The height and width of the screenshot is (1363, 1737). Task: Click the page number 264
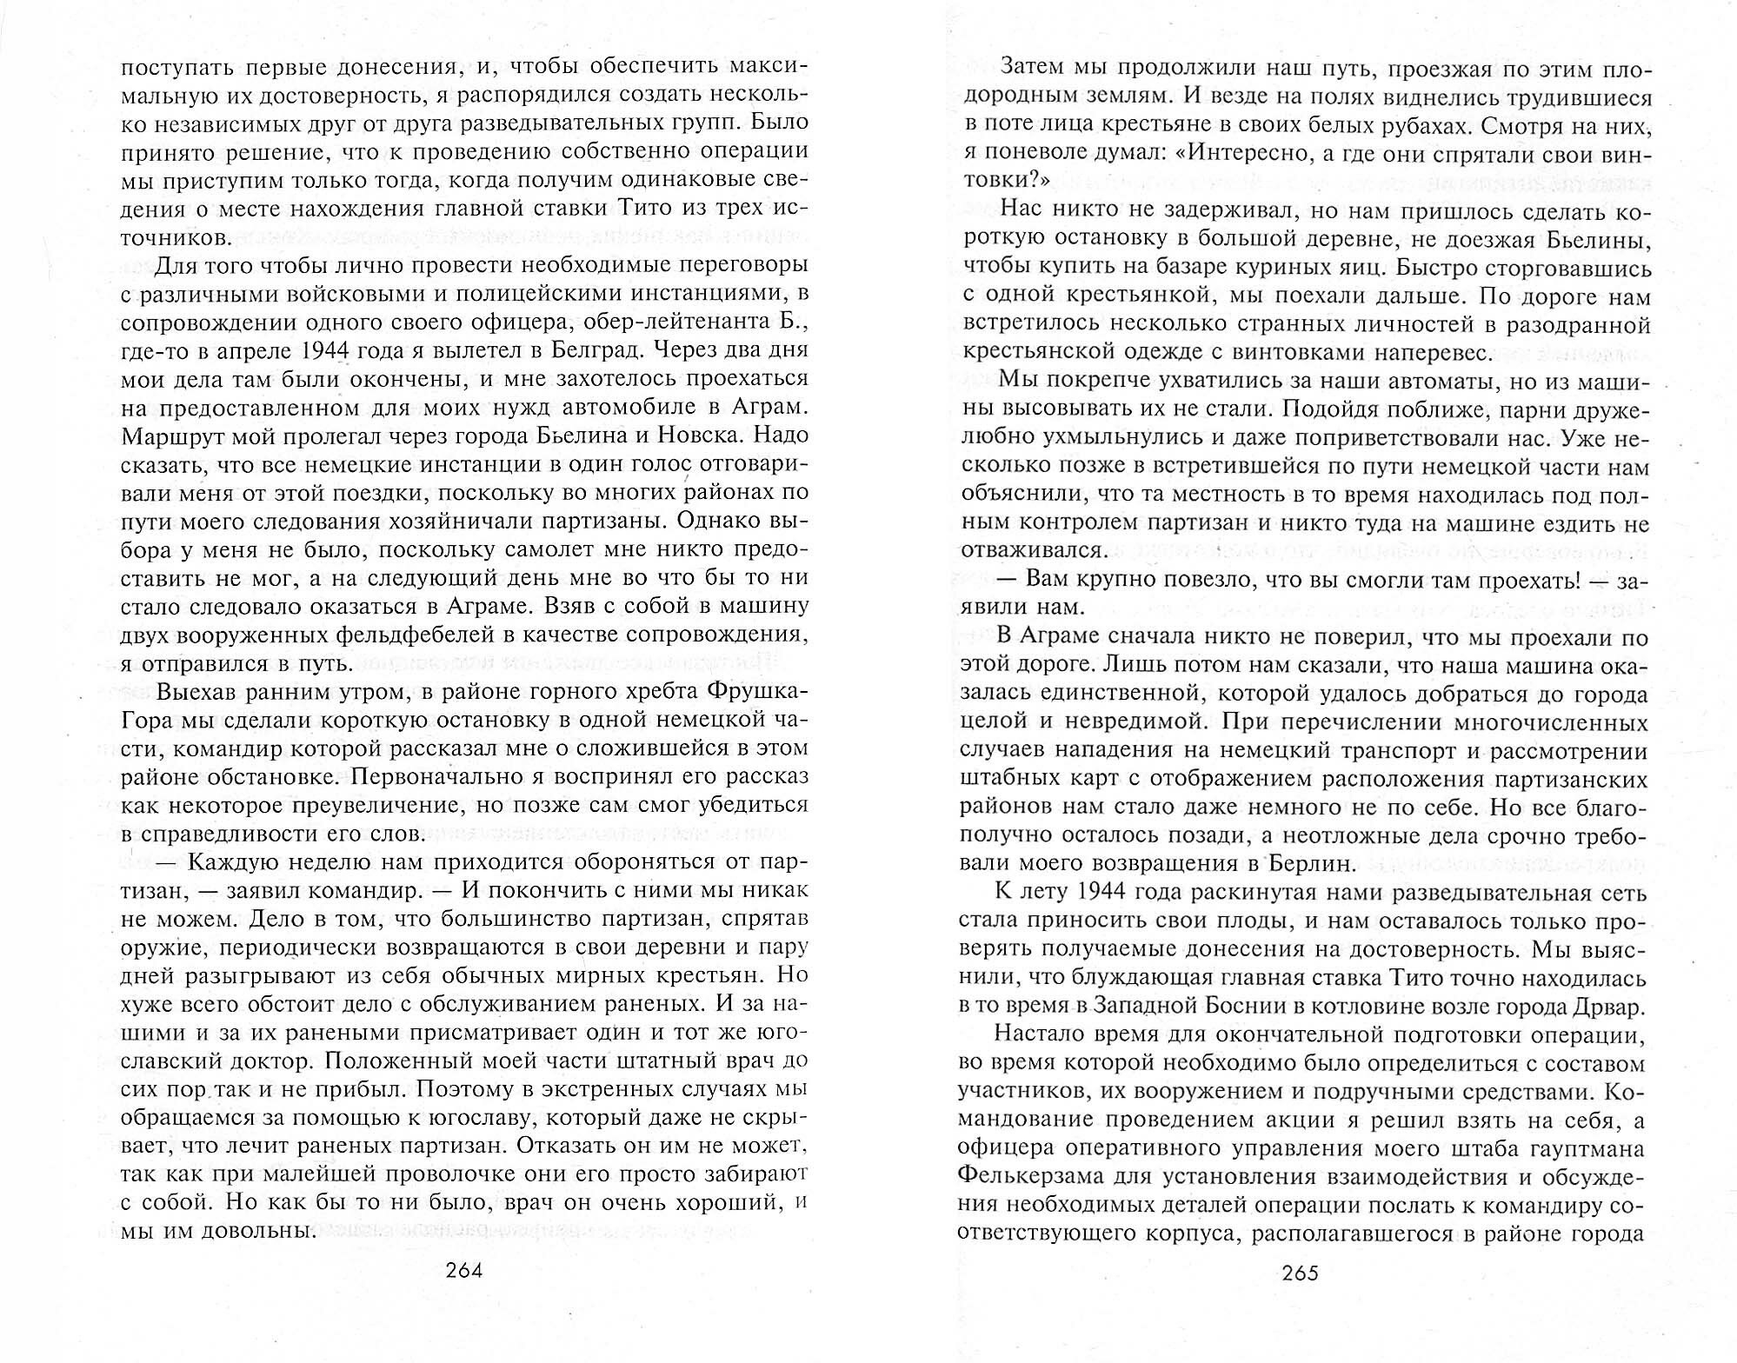[x=463, y=1270]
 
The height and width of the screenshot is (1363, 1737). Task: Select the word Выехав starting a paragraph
[x=199, y=691]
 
